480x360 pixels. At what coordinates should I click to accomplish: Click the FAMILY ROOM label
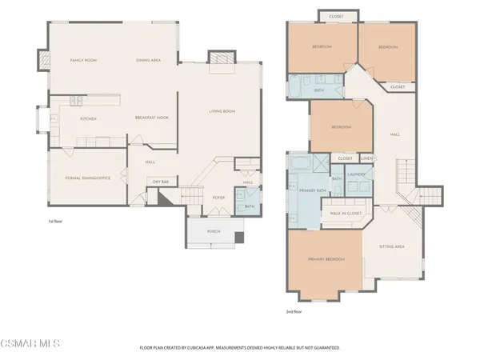[83, 60]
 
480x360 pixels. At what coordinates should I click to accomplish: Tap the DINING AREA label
[149, 60]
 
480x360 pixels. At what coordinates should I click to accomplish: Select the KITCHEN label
[88, 118]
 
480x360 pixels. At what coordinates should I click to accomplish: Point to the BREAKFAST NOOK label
[151, 118]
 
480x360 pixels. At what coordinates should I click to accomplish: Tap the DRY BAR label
[162, 182]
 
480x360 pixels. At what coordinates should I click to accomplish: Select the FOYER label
[218, 197]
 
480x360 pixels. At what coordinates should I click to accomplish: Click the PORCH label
[214, 231]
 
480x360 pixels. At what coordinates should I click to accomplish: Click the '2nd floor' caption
[294, 312]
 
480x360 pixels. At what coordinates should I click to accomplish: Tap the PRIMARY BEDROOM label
[326, 259]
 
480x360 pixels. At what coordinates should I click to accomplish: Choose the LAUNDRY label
[357, 174]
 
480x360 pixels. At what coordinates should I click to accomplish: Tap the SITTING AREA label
[391, 247]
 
